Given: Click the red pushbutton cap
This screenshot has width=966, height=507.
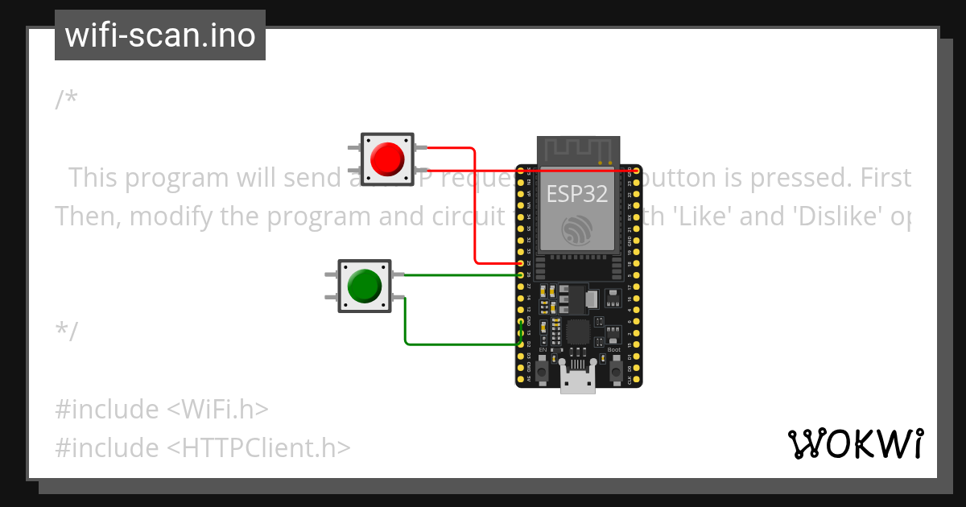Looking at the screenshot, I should pyautogui.click(x=387, y=159).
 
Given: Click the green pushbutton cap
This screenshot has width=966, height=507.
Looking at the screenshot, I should pyautogui.click(x=364, y=286).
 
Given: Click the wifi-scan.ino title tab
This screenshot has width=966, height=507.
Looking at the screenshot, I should pyautogui.click(x=160, y=35).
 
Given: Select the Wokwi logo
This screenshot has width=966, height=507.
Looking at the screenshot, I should pyautogui.click(x=855, y=443).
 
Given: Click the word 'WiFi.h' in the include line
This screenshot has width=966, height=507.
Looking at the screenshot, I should pyautogui.click(x=217, y=410).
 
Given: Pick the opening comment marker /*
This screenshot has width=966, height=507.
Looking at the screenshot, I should pyautogui.click(x=67, y=99).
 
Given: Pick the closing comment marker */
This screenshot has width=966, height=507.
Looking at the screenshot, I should pyautogui.click(x=67, y=330).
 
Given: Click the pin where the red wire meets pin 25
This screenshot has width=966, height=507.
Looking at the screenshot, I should pyautogui.click(x=521, y=263).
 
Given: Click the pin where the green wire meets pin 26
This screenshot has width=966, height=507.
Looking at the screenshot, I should pyautogui.click(x=521, y=275).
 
